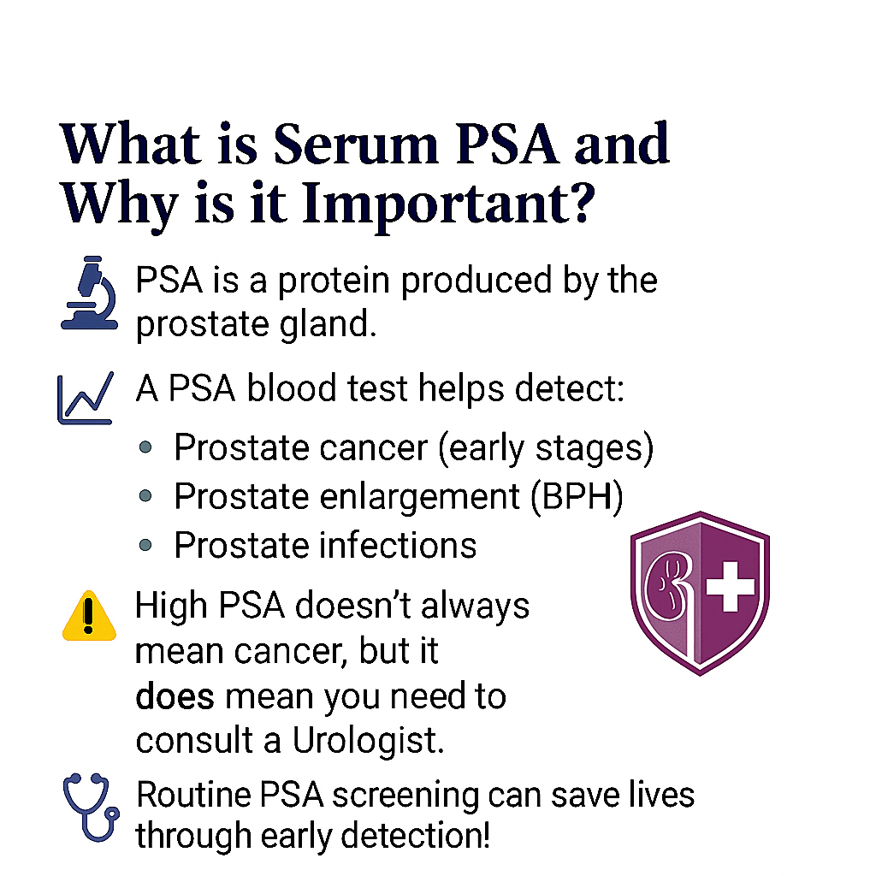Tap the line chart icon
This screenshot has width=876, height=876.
coord(86,398)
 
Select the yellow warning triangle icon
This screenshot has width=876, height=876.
coord(89,616)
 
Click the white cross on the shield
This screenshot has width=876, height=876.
coord(731,586)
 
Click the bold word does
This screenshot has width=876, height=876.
coord(175,696)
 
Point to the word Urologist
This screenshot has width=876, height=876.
coord(368,740)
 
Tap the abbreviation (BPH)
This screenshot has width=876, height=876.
coord(577,496)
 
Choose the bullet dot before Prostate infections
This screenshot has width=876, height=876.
coord(145,545)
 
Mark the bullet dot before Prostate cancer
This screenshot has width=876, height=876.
coord(145,447)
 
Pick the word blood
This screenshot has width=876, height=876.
coord(292,388)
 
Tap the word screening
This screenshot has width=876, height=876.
coord(405,795)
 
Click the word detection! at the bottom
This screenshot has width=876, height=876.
coord(416,836)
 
